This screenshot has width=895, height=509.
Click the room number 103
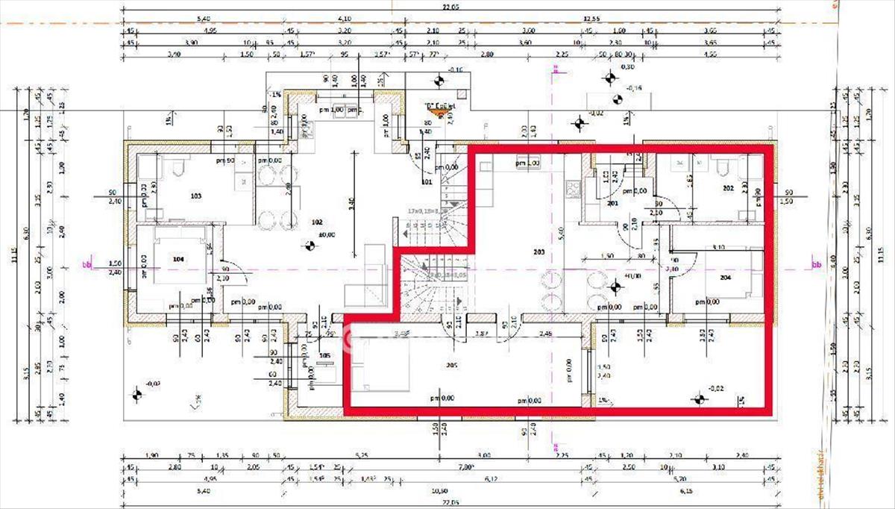click(x=196, y=196)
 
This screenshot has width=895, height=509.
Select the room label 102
click(x=316, y=222)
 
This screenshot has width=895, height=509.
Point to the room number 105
click(x=324, y=355)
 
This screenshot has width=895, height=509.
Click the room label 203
click(x=539, y=253)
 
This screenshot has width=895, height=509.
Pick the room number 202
click(x=729, y=189)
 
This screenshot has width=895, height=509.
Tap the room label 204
click(x=726, y=276)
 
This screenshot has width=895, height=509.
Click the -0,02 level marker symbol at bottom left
click(x=137, y=393)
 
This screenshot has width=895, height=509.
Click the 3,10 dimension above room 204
click(x=718, y=247)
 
